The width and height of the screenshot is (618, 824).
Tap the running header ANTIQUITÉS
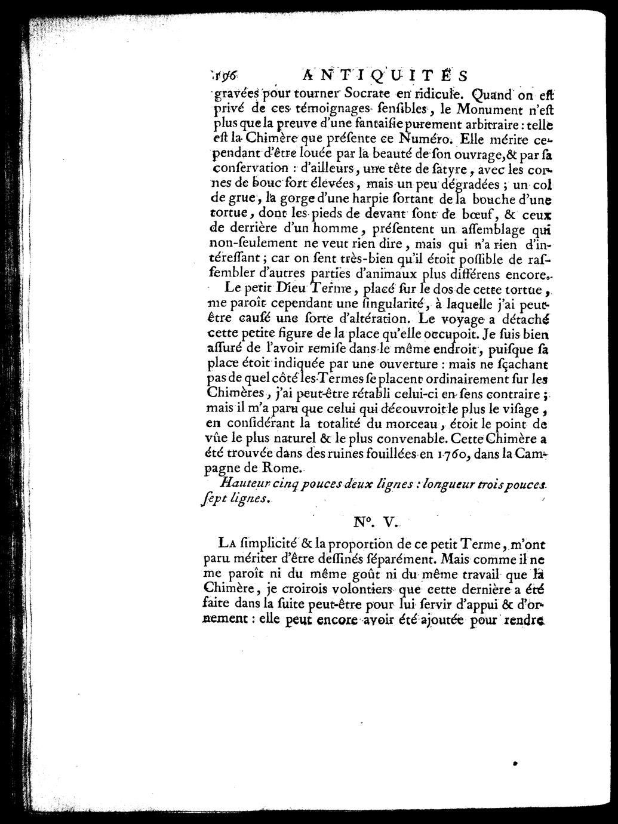click(x=385, y=75)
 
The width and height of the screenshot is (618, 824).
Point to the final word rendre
click(x=524, y=619)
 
